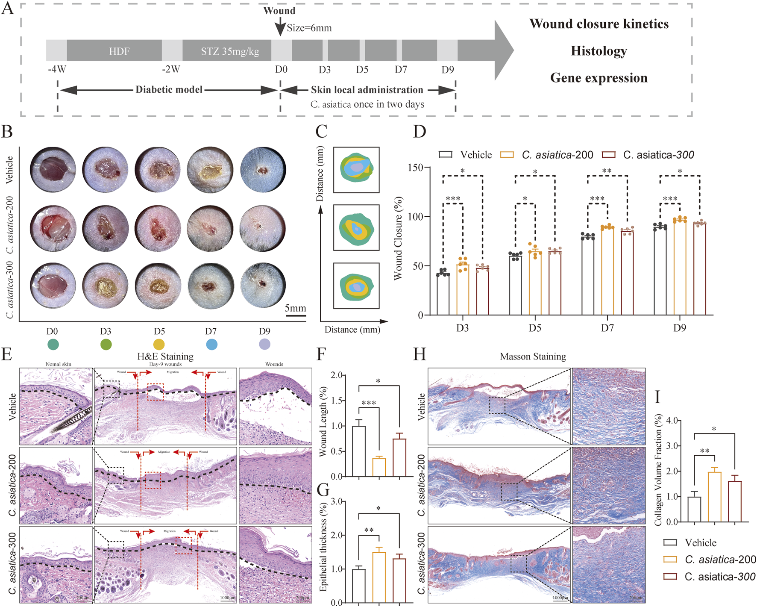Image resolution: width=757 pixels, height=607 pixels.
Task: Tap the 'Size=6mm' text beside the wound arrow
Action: click(309, 28)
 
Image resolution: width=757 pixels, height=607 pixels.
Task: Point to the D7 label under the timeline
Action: click(401, 69)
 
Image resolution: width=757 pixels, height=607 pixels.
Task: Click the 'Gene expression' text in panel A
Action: click(599, 78)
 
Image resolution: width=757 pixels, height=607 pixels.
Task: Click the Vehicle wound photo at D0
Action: click(53, 170)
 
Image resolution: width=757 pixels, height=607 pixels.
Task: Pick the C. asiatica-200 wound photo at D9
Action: click(263, 228)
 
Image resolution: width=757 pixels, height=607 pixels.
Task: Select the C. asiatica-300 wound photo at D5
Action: click(158, 286)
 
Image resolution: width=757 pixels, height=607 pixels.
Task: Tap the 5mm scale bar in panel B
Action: click(296, 315)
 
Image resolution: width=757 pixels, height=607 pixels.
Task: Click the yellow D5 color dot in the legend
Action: click(159, 344)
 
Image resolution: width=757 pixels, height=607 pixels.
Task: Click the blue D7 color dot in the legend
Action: click(211, 344)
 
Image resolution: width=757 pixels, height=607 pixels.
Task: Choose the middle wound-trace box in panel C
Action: click(356, 227)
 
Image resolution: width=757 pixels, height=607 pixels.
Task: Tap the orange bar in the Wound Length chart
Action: click(379, 467)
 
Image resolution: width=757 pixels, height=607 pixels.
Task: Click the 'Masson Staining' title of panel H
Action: click(533, 357)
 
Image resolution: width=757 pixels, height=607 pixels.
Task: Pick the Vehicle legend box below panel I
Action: click(670, 542)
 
